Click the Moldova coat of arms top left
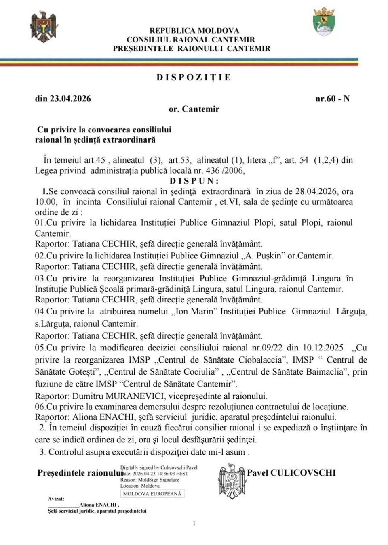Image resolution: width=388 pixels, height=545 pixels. click(44, 27)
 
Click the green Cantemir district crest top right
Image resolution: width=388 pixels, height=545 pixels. click(324, 22)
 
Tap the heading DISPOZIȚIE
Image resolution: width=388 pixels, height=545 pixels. click(194, 78)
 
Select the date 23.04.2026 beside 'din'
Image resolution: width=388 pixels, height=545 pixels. click(70, 99)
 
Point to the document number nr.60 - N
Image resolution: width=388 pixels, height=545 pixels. click(332, 99)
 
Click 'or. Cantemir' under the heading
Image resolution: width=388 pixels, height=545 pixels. click(194, 109)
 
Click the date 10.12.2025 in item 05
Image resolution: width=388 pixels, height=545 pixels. click(323, 348)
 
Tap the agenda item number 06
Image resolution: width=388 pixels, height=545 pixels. click(39, 407)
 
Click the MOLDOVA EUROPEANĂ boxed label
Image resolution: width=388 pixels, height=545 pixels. click(152, 494)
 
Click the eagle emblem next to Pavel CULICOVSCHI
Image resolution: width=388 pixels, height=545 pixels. click(232, 481)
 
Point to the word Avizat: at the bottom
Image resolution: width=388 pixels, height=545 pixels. click(56, 499)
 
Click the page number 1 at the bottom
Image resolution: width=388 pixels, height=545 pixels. click(194, 524)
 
